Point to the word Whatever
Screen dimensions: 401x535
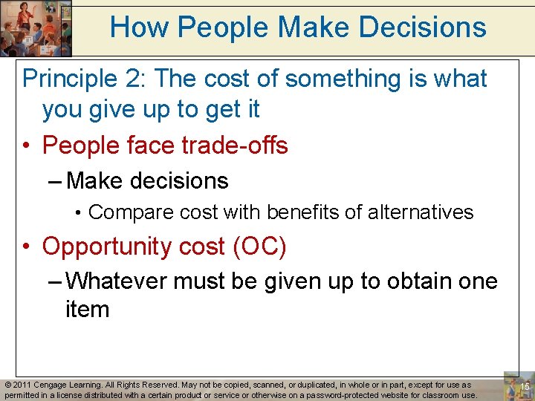(x=118, y=281)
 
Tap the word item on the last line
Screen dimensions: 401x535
(x=87, y=308)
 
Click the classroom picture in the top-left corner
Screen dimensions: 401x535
(x=36, y=28)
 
